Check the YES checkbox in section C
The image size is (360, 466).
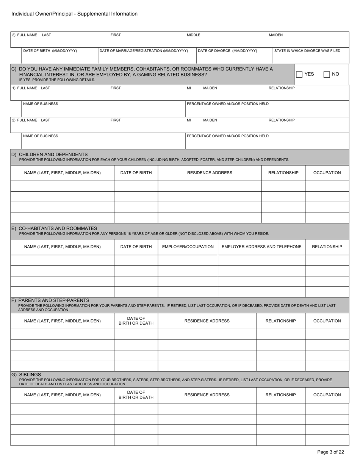point(299,74)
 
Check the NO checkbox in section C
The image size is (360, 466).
point(327,74)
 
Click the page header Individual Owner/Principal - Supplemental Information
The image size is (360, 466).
point(74,14)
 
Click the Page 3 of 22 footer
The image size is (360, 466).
point(330,452)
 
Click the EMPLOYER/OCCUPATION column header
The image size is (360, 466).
point(188,247)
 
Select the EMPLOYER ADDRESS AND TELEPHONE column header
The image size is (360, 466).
point(261,247)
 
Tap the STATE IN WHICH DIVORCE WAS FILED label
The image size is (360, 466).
point(307,51)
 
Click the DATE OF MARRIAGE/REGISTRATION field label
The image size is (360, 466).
point(144,51)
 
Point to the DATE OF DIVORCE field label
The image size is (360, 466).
point(227,51)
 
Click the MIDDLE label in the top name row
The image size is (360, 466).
point(193,35)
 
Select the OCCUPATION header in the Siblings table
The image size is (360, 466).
point(327,395)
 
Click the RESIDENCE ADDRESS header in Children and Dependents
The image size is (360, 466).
point(210,173)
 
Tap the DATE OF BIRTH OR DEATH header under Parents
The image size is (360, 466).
point(136,321)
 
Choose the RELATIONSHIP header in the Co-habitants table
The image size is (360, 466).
point(327,247)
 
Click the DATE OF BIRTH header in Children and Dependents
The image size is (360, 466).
point(136,173)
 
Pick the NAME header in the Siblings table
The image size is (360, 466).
point(63,395)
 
